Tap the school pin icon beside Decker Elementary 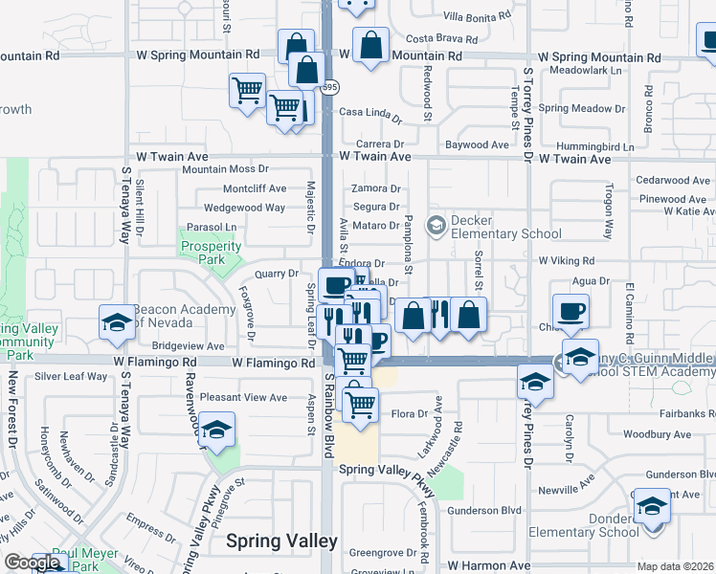(x=436, y=226)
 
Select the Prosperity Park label (x=209, y=254)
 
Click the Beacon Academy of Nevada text (x=184, y=316)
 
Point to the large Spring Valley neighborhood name (x=281, y=541)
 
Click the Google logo (x=33, y=563)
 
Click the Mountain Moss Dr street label (x=226, y=169)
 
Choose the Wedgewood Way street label (x=244, y=208)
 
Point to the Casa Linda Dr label (x=371, y=115)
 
